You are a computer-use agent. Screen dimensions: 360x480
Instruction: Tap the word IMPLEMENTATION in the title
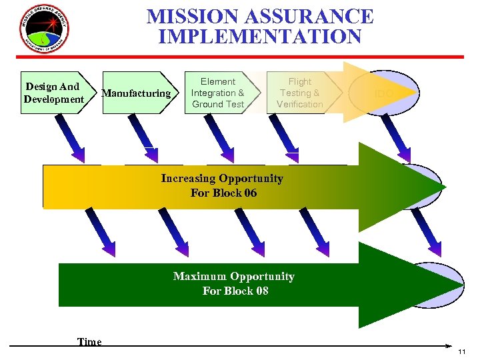pyautogui.click(x=260, y=36)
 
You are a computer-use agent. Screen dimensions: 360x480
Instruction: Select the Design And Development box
pyautogui.click(x=53, y=93)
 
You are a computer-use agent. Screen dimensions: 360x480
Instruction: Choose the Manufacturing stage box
pyautogui.click(x=137, y=93)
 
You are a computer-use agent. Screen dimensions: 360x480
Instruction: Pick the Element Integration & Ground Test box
pyautogui.click(x=218, y=93)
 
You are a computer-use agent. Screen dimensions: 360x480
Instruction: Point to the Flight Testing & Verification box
pyautogui.click(x=299, y=93)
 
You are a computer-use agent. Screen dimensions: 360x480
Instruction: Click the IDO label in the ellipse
pyautogui.click(x=384, y=94)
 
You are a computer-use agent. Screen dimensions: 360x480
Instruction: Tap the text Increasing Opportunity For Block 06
pyautogui.click(x=222, y=186)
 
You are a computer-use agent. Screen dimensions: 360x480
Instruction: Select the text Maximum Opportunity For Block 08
pyautogui.click(x=234, y=283)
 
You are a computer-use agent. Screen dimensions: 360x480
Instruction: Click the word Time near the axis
pyautogui.click(x=89, y=342)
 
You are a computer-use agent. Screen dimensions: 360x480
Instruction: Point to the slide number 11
pyautogui.click(x=463, y=351)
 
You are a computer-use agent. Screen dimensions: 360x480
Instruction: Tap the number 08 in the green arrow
pyautogui.click(x=261, y=291)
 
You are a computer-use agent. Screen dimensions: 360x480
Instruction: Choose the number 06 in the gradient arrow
pyautogui.click(x=249, y=193)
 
